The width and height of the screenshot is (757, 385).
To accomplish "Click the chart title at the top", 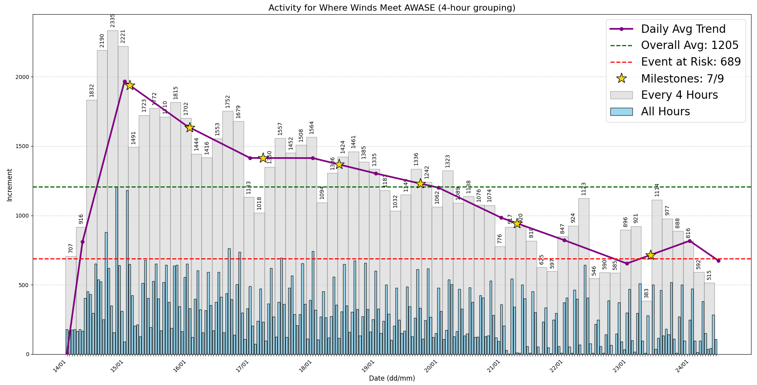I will point(392,8).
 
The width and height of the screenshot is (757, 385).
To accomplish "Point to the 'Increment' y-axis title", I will point(10,185).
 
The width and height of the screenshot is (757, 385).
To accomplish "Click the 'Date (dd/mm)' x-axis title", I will point(392,378).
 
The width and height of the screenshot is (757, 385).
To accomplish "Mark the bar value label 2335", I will point(113,21).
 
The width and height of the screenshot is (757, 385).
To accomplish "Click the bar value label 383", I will point(646,293).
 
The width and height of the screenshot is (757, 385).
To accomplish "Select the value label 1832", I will point(92,90).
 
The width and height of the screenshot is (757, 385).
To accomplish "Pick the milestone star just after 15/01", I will point(130,85).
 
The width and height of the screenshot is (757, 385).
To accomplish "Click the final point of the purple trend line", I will point(718,261).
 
